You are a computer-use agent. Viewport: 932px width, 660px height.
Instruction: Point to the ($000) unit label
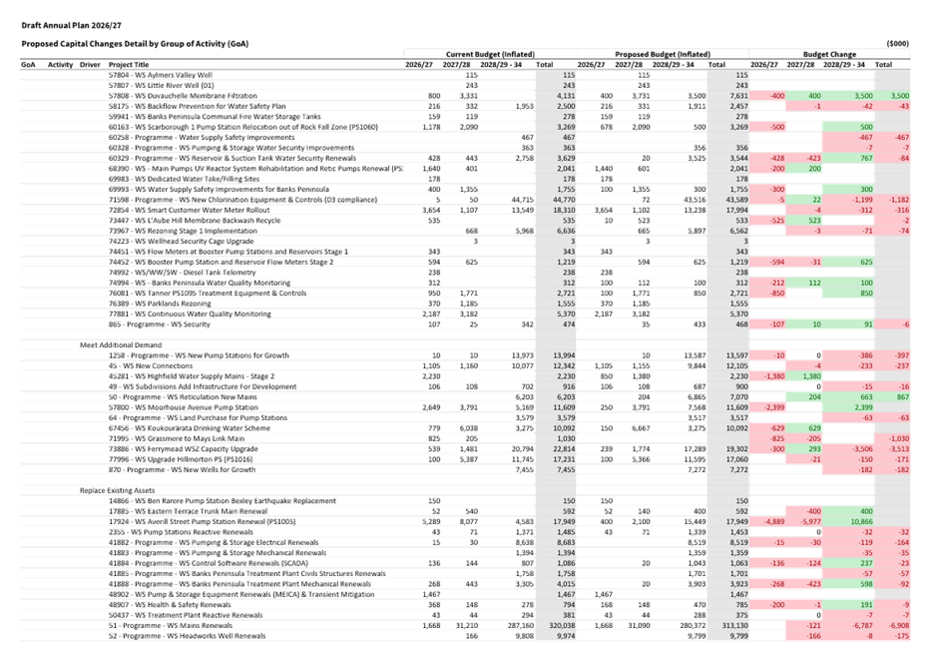pos(897,43)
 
